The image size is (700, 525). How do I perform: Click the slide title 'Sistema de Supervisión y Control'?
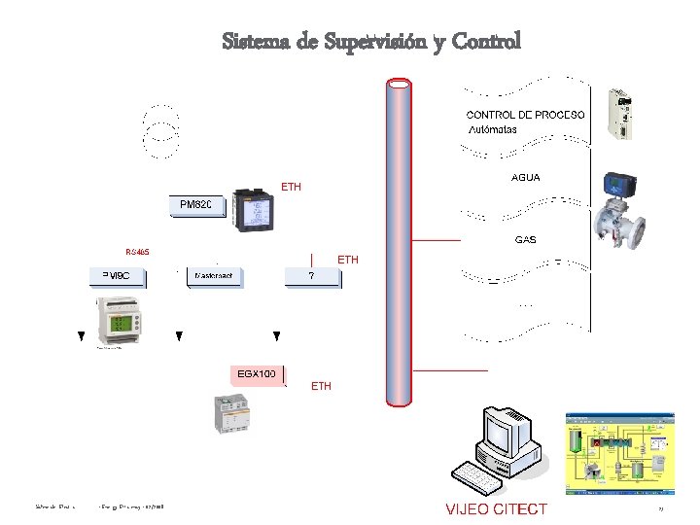point(371,42)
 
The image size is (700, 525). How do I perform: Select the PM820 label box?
point(195,205)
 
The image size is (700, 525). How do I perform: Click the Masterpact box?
point(214,276)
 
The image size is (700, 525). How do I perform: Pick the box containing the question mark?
point(312,276)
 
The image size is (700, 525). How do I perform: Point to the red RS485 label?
point(137,252)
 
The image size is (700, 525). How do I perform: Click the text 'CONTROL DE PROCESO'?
point(526,115)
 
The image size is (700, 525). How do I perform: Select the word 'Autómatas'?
point(493,128)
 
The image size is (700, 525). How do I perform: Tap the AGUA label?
point(525,178)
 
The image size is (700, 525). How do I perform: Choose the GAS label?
point(525,239)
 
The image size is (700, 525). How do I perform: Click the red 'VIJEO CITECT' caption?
point(496,508)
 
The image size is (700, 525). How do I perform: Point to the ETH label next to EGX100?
point(321,386)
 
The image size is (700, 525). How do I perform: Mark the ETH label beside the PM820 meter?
point(291,186)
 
